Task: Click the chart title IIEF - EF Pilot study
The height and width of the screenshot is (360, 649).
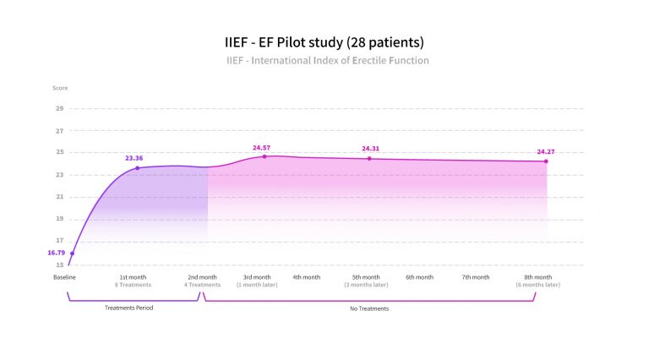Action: click(x=324, y=41)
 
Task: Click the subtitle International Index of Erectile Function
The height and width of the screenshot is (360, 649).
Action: click(x=328, y=61)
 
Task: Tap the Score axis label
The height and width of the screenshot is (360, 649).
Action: click(x=59, y=88)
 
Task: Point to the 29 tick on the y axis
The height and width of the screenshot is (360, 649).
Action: click(x=60, y=109)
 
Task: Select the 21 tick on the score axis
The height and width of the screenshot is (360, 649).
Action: click(x=60, y=197)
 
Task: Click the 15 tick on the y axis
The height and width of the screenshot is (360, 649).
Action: click(x=60, y=265)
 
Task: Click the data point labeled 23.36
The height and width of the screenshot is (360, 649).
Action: click(x=138, y=168)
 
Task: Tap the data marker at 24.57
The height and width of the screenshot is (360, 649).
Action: click(x=265, y=156)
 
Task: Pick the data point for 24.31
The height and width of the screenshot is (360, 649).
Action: click(x=369, y=158)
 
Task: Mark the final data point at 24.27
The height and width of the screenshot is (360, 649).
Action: click(x=546, y=161)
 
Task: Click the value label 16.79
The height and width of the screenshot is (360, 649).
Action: click(x=57, y=253)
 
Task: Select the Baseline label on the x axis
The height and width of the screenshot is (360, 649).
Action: click(x=65, y=277)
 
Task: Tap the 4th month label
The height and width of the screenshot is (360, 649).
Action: click(x=307, y=277)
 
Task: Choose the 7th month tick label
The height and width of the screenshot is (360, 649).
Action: click(x=476, y=277)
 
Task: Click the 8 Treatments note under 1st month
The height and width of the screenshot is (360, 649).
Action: click(x=134, y=285)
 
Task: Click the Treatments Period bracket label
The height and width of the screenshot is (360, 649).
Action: click(x=129, y=308)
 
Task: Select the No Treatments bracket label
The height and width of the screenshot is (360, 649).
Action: click(x=369, y=308)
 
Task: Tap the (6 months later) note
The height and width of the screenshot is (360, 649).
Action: click(x=538, y=285)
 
